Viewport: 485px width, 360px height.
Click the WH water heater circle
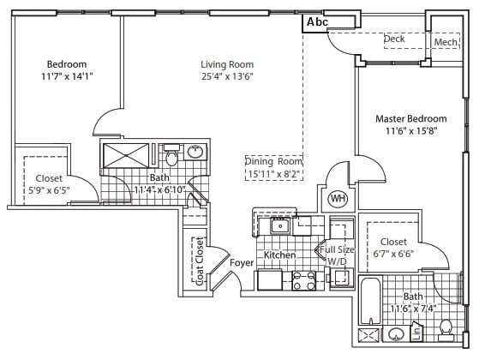pyautogui.click(x=338, y=199)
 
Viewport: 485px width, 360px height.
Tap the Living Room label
pyautogui.click(x=227, y=64)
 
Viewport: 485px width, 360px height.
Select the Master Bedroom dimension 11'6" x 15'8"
pyautogui.click(x=411, y=131)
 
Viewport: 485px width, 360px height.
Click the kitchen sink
pyautogui.click(x=280, y=225)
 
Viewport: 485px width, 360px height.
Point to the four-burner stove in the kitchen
pyautogui.click(x=303, y=280)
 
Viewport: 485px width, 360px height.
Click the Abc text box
pyautogui.click(x=317, y=22)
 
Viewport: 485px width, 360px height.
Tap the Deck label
pyautogui.click(x=394, y=39)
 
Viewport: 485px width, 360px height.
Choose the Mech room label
pyautogui.click(x=446, y=42)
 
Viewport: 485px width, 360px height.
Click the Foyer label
pyautogui.click(x=242, y=263)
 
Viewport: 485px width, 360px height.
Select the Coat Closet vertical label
pyautogui.click(x=200, y=261)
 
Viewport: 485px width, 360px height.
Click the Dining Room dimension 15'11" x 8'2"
pyautogui.click(x=274, y=174)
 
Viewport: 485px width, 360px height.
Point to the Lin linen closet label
pyautogui.click(x=417, y=333)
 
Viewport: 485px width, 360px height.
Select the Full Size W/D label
pyautogui.click(x=337, y=255)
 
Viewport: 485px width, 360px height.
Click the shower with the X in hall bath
pyautogui.click(x=126, y=156)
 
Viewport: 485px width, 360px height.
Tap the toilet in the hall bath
pyautogui.click(x=171, y=154)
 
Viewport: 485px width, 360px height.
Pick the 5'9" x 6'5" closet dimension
pyautogui.click(x=49, y=190)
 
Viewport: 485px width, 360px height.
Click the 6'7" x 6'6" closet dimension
pyautogui.click(x=393, y=254)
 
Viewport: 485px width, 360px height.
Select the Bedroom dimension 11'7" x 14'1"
pyautogui.click(x=67, y=76)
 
